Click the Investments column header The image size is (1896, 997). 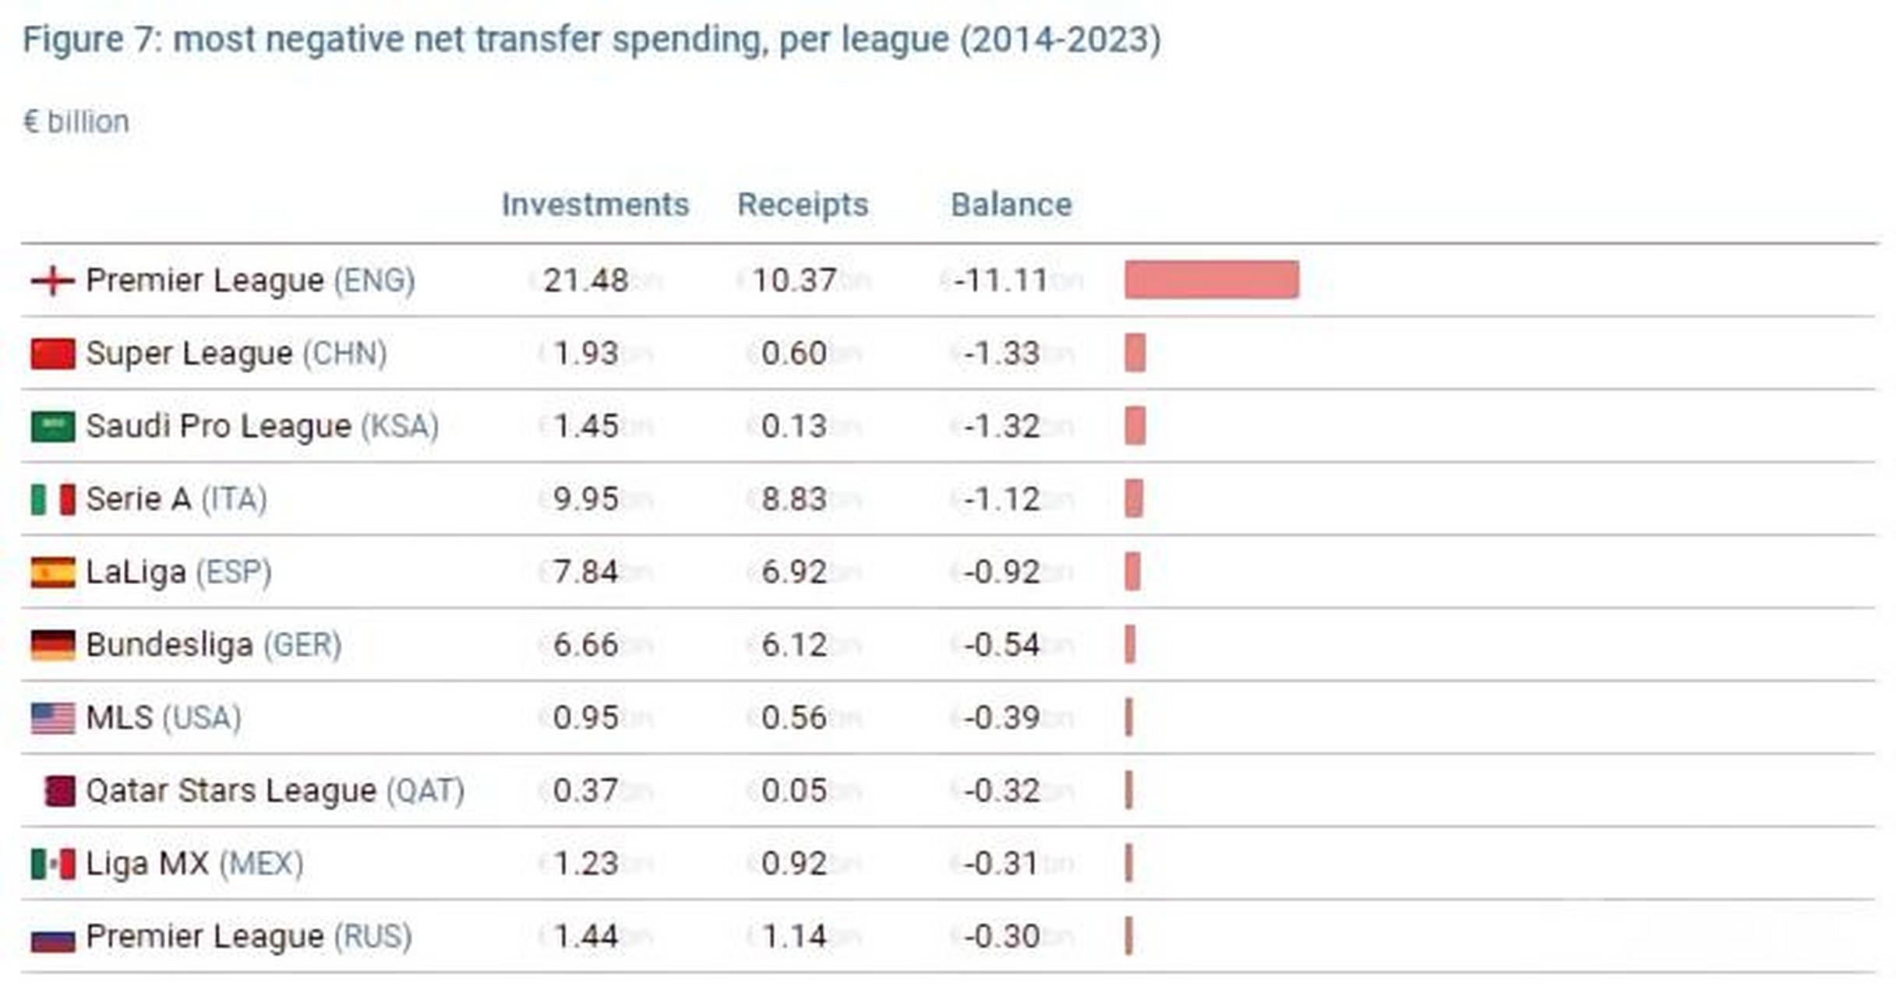(595, 205)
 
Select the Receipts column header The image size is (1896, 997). (802, 205)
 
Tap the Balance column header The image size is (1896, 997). (1011, 205)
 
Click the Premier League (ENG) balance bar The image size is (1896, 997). (1211, 280)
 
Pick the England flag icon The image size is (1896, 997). (52, 280)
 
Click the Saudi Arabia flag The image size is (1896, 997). (52, 426)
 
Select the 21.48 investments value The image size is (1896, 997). (585, 280)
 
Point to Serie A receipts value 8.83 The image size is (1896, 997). (793, 499)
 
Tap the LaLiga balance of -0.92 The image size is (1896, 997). (1001, 572)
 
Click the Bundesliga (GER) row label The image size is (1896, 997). (213, 645)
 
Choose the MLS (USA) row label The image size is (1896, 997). (163, 718)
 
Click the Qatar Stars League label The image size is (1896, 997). (274, 791)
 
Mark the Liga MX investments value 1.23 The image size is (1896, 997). (585, 864)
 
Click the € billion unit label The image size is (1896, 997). (76, 122)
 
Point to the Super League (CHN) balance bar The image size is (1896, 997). (1135, 353)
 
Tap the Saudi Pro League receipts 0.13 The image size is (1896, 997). (793, 426)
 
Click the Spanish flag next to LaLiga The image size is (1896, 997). (52, 572)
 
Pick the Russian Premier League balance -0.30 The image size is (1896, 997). (1001, 936)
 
